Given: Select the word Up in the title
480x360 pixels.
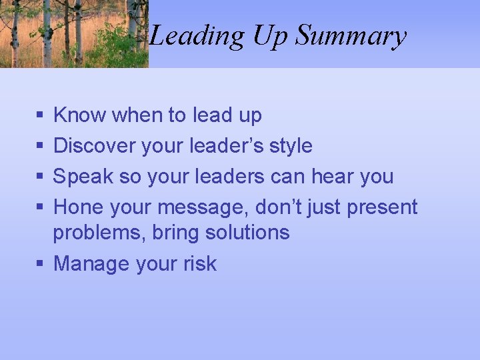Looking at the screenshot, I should tap(271, 36).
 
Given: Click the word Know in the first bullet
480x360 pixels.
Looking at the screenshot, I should tap(79, 115).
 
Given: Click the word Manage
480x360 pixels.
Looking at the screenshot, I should tap(91, 264).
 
